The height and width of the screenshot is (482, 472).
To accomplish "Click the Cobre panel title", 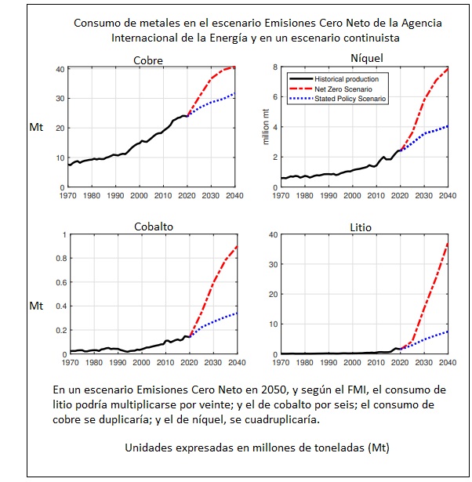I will coord(148,60).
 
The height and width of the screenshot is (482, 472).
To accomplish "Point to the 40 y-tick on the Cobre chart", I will coord(60,70).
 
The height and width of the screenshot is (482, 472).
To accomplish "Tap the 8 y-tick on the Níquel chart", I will coord(274,67).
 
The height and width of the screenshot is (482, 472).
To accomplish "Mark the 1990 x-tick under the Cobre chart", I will coord(115,196).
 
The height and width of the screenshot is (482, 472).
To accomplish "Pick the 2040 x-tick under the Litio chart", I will coord(448,363).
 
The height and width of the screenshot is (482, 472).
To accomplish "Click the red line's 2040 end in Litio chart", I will coord(447,243).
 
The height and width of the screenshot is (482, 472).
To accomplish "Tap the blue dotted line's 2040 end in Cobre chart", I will coord(234,94).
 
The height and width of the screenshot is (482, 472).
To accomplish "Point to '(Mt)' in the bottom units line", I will coord(376,448).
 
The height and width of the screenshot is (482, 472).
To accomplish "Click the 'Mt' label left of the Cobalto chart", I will coord(36,305).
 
